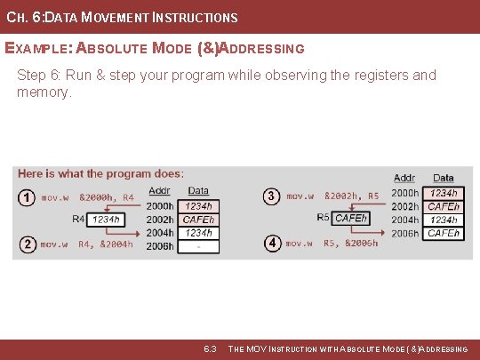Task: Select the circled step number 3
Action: [x=272, y=196]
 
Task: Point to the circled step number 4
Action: [x=272, y=242]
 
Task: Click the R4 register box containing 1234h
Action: [x=105, y=219]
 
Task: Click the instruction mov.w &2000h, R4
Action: [x=87, y=197]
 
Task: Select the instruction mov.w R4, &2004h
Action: [x=87, y=244]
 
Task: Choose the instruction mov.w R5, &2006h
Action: [x=332, y=243]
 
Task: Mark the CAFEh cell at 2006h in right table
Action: [x=443, y=234]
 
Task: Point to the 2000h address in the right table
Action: [x=404, y=193]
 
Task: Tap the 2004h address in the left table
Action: [x=160, y=233]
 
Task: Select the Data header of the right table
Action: [x=443, y=179]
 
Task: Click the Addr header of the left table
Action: [x=159, y=190]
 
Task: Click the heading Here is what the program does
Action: [x=100, y=173]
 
